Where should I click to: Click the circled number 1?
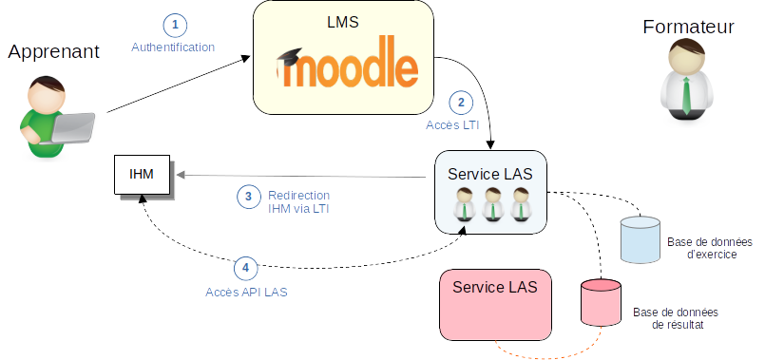click(175, 26)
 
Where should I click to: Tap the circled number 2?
click(461, 103)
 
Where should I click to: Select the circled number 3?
click(249, 197)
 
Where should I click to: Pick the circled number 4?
click(245, 267)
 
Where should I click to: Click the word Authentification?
click(173, 47)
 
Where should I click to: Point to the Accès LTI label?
click(452, 124)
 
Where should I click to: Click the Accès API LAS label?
click(246, 293)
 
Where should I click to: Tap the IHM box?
click(142, 174)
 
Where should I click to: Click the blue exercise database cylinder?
click(641, 239)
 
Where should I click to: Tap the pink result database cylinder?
click(601, 302)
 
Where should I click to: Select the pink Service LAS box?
click(496, 305)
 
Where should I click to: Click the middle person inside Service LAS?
click(492, 203)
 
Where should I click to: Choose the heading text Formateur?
click(688, 27)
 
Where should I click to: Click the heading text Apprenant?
click(53, 51)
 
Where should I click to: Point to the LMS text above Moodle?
click(343, 22)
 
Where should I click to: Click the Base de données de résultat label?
click(677, 318)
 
